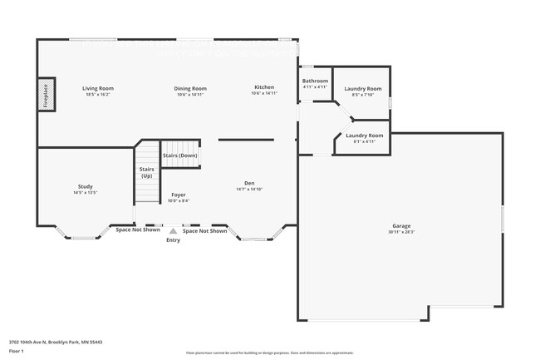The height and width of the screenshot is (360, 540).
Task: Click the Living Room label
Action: click(98, 88)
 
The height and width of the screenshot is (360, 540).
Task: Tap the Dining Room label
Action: click(190, 88)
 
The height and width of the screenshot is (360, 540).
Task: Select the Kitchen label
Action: click(263, 87)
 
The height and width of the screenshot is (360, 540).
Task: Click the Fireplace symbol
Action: click(47, 94)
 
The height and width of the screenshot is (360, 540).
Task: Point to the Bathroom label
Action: click(315, 81)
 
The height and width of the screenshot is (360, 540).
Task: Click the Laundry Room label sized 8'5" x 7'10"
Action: click(363, 88)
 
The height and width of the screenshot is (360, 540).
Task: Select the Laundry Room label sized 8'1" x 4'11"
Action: click(364, 135)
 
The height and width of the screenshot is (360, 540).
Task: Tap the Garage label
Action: click(402, 225)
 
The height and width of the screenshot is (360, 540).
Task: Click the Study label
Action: click(86, 186)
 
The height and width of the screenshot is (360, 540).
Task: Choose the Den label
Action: click(249, 183)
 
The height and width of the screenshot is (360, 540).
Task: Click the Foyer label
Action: click(179, 195)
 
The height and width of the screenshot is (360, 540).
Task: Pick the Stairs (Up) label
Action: click(147, 172)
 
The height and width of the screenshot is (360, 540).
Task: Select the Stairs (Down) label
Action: click(180, 155)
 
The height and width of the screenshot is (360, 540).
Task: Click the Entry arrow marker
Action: click(173, 231)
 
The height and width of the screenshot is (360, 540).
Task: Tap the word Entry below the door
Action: click(173, 240)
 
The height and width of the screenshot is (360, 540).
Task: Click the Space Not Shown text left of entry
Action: click(137, 230)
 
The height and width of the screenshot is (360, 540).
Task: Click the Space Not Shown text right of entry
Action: click(204, 231)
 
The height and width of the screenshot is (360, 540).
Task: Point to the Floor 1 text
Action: click(16, 351)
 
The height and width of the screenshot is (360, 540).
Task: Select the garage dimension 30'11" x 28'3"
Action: click(402, 231)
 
